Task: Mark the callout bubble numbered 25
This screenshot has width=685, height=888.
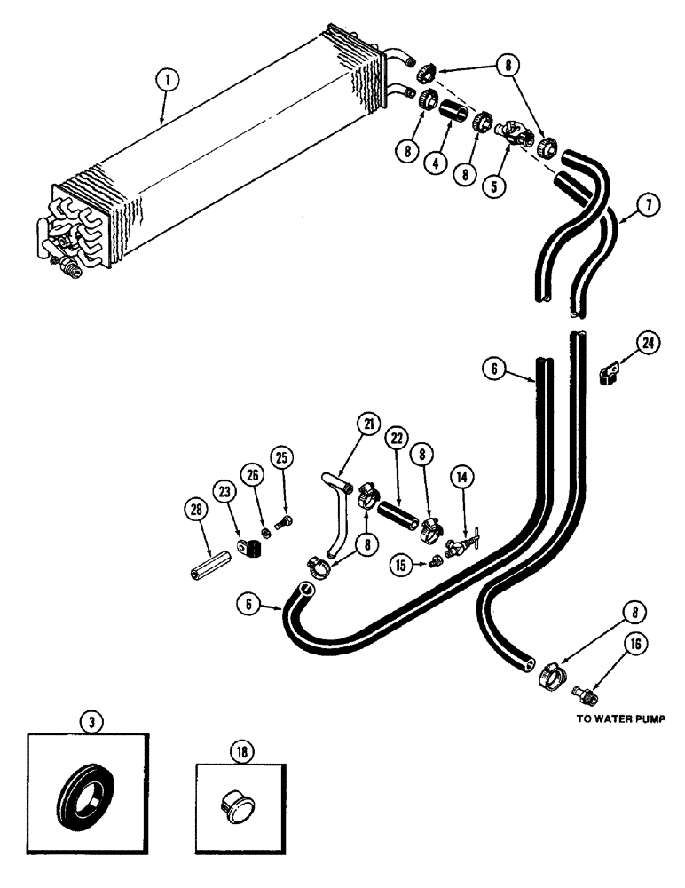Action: coord(281,457)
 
